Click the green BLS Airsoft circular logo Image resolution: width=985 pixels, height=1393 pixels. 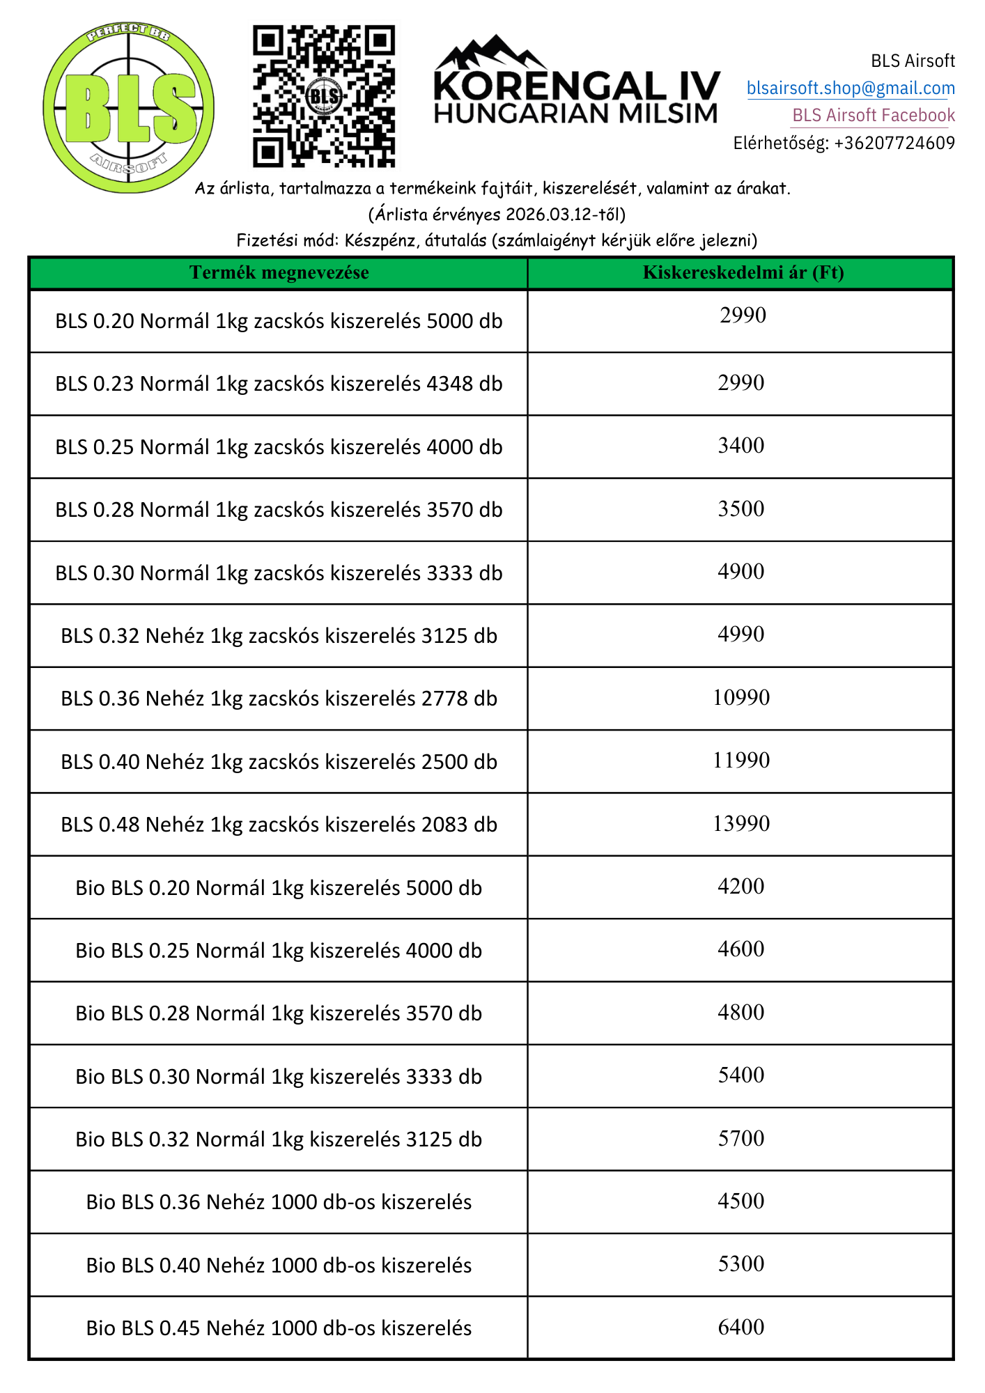point(129,109)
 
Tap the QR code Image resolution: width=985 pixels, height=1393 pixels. point(323,96)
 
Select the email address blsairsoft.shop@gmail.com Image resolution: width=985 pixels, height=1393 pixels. point(851,88)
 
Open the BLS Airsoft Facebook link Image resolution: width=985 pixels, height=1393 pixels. point(874,116)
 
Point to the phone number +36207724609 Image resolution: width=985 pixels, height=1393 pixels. point(894,143)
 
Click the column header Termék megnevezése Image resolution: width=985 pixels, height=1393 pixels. point(279,273)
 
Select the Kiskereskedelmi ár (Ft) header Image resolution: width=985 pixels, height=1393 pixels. point(743,273)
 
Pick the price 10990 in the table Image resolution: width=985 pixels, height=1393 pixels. point(741,698)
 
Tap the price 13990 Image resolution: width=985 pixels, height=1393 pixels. point(741,824)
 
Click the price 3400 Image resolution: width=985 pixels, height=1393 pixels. point(741,446)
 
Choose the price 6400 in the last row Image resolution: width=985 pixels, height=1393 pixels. point(741,1328)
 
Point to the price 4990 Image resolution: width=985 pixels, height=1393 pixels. point(741,635)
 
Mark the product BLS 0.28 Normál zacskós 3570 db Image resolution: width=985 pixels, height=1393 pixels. point(279,510)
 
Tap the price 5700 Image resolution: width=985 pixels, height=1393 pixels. point(741,1139)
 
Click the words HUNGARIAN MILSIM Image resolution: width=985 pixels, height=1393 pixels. point(575,114)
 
